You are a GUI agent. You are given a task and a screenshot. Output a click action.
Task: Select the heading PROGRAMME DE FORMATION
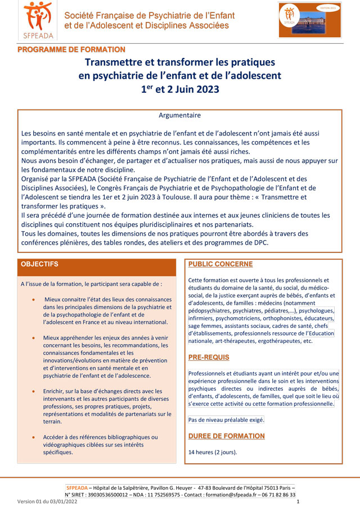71,50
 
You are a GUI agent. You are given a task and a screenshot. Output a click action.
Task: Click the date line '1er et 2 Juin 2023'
179,88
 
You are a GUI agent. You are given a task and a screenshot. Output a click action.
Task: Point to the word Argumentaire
179,115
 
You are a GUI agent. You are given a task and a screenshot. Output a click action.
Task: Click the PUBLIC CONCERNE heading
220,264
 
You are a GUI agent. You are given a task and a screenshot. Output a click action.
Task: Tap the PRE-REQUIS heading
209,358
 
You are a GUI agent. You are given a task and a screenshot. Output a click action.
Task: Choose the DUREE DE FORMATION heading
226,436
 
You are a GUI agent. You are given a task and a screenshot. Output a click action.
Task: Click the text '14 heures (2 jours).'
213,452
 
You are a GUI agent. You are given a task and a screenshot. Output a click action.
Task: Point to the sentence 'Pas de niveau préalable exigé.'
226,419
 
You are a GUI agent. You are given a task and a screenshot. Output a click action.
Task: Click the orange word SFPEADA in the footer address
76,487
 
